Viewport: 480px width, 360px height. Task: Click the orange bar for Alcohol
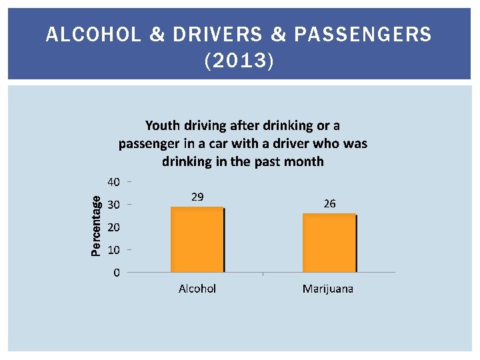197,240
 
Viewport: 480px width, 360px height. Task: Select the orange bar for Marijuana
329,243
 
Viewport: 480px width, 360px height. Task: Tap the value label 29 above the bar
197,197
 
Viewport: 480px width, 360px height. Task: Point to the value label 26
329,203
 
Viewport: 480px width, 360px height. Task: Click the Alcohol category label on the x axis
197,289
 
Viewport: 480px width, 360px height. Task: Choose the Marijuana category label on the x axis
327,289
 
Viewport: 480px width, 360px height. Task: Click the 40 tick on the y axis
113,182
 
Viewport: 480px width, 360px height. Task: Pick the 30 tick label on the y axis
113,205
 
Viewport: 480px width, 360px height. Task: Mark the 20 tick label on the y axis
113,227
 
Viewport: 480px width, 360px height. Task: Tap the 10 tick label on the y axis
113,250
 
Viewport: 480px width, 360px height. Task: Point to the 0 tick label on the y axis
117,273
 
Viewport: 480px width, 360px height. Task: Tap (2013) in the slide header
239,62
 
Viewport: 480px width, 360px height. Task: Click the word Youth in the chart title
162,125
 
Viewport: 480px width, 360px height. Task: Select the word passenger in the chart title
148,143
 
